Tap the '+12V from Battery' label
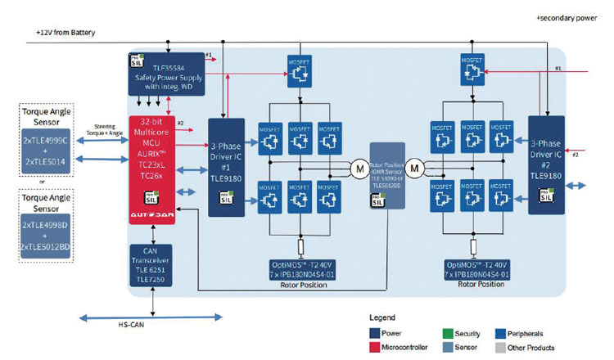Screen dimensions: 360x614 point(65,33)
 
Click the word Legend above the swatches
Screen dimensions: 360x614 point(381,317)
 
